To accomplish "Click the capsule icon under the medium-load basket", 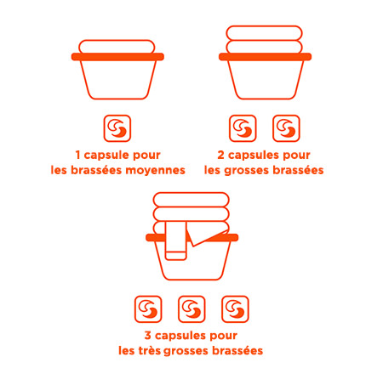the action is click(117, 128).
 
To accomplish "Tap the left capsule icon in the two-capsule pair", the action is click(243, 128).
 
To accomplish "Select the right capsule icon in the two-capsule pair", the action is click(286, 128).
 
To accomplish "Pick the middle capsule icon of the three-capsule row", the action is click(191, 309).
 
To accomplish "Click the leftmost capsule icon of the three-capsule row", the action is click(148, 309).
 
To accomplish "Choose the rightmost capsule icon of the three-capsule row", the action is click(235, 309).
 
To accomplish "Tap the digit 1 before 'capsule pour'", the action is click(78, 155).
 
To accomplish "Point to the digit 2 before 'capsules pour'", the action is click(221, 155).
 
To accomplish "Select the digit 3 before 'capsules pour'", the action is click(148, 336).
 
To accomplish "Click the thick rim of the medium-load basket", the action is click(117, 57).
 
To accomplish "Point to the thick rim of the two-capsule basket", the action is click(265, 57).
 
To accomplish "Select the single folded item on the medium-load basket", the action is click(117, 47).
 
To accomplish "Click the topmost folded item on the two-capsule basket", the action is click(264, 33).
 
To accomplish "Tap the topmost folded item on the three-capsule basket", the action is click(191, 200).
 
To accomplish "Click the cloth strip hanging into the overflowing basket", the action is click(175, 241).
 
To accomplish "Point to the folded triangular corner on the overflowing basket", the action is click(207, 236).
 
